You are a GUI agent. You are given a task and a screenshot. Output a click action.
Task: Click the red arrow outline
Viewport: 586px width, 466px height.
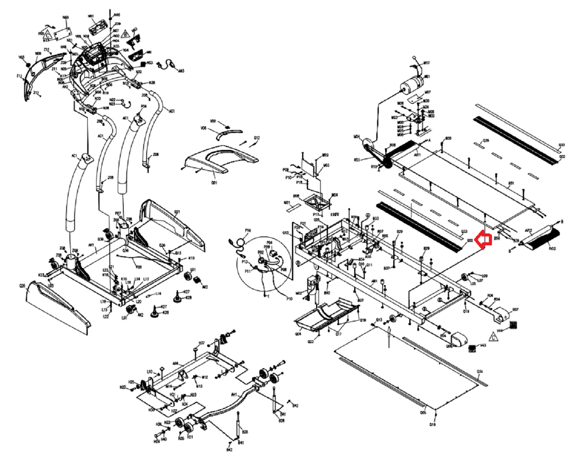tap(483, 240)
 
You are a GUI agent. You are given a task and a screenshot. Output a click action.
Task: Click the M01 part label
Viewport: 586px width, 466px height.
tap(427, 77)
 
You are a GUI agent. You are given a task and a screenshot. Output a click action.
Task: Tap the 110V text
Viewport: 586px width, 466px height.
tap(335, 215)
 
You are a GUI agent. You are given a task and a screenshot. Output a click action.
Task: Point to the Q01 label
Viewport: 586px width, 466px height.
tap(214, 183)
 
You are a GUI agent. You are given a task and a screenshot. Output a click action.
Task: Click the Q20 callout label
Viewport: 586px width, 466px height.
tap(22, 286)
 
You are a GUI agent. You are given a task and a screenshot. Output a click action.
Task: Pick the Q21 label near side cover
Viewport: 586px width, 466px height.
tap(177, 212)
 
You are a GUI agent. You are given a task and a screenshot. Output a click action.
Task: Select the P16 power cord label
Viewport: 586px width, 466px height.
tap(248, 230)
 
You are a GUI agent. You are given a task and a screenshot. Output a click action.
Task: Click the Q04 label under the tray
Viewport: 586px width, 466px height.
tap(298, 334)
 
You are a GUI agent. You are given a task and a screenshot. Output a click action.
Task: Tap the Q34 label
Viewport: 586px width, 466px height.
tap(479, 372)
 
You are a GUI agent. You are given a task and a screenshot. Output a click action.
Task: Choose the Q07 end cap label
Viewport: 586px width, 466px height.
tap(515, 310)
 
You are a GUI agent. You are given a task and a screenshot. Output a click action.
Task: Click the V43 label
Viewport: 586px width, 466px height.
tap(483, 345)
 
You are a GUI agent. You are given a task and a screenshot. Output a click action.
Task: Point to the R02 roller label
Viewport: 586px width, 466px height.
tap(552, 249)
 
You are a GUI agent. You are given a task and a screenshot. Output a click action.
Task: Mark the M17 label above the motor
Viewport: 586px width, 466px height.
tap(427, 63)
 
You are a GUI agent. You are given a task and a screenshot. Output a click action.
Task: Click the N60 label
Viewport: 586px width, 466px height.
tap(65, 18)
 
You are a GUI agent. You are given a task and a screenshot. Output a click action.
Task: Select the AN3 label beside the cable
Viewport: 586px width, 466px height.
tap(181, 71)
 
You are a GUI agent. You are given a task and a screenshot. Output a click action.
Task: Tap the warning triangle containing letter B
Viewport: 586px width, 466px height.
tap(125, 34)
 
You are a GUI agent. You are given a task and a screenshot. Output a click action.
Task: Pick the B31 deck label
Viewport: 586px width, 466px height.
tap(511, 183)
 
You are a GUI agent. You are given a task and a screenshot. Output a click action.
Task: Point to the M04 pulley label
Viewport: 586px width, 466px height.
tap(356, 137)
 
